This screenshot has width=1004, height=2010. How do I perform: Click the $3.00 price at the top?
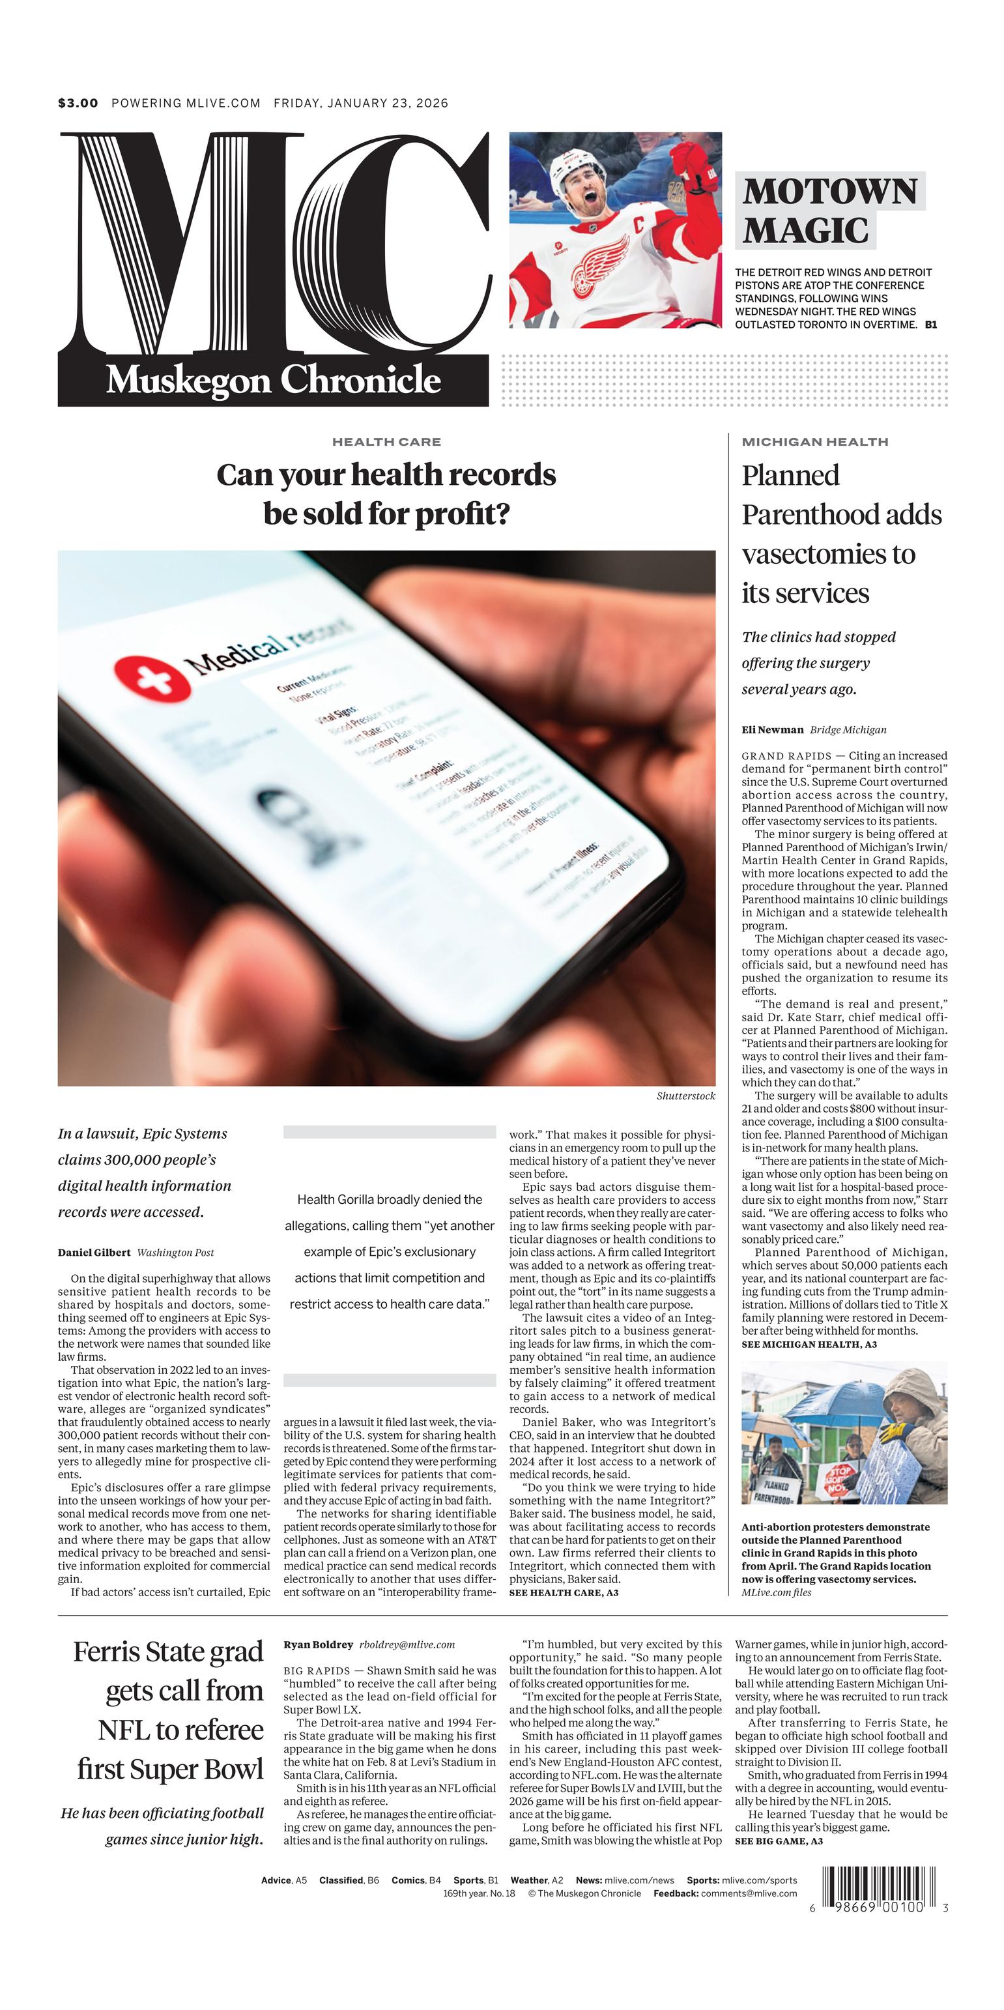tap(78, 103)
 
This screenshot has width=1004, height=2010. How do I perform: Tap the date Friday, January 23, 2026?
tap(360, 103)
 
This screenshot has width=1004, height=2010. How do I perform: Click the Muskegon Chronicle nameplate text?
tap(273, 380)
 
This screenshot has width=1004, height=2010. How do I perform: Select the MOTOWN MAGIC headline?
tap(829, 211)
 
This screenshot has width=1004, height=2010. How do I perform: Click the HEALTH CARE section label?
tap(386, 442)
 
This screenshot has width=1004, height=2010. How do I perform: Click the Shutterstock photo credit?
tap(685, 1096)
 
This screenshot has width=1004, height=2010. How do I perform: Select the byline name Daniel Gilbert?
tap(94, 1253)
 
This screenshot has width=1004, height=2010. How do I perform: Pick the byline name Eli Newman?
tap(771, 729)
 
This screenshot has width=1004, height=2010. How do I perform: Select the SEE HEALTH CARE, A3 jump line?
tap(563, 1592)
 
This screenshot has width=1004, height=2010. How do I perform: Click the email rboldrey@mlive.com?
tap(407, 1644)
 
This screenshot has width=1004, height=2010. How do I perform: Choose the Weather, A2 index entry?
tap(536, 1880)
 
